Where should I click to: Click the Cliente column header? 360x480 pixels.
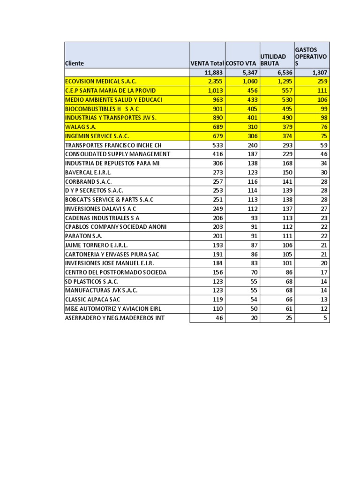pyautogui.click(x=75, y=63)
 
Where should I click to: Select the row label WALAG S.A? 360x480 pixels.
pyautogui.click(x=82, y=127)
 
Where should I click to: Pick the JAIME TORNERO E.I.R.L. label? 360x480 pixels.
pyautogui.click(x=96, y=245)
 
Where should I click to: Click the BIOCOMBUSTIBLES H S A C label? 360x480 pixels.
pyautogui.click(x=102, y=109)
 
